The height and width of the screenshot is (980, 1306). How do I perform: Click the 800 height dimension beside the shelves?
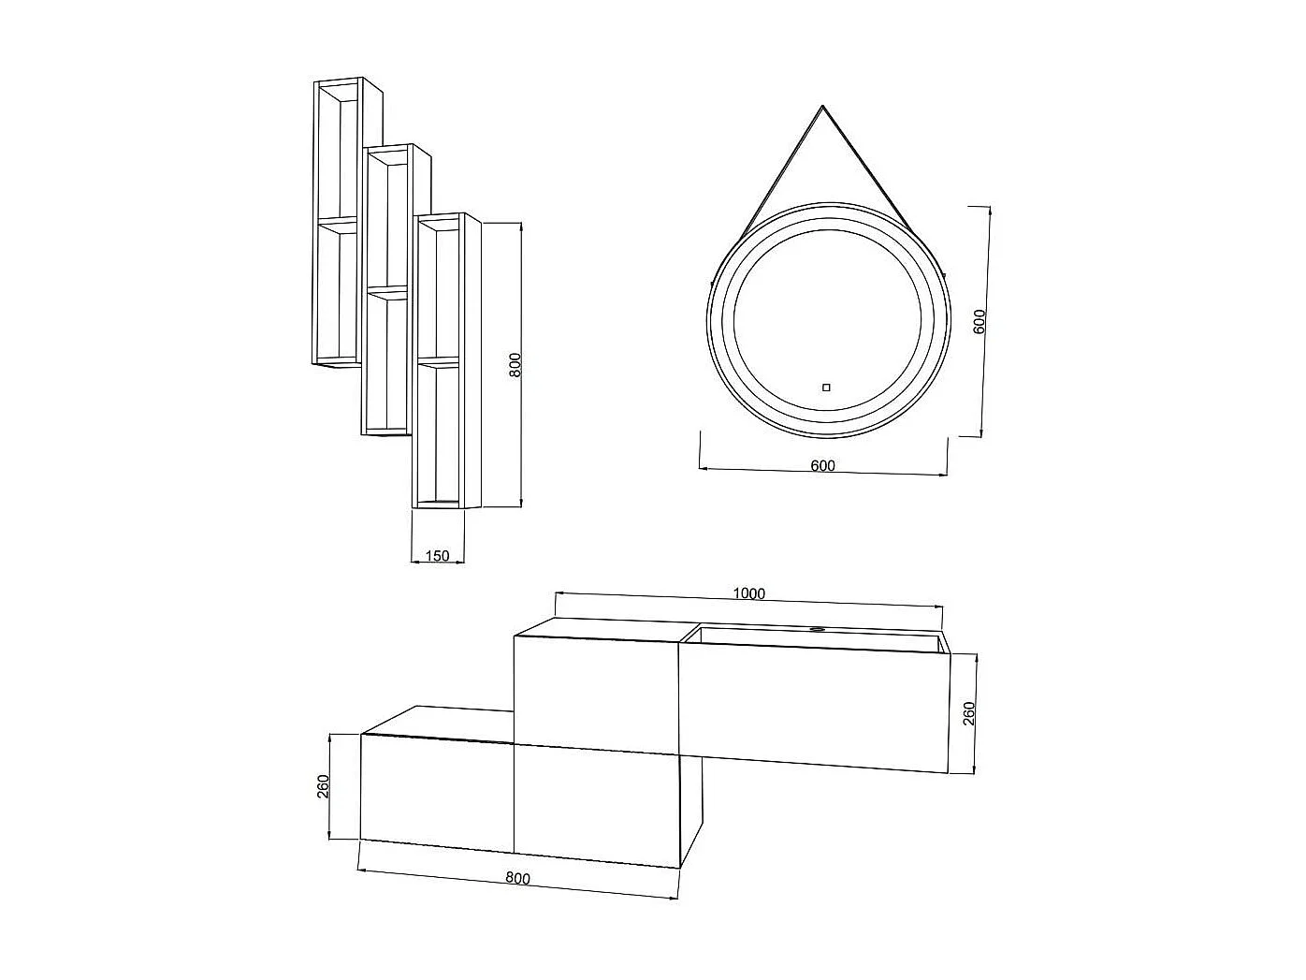(x=515, y=364)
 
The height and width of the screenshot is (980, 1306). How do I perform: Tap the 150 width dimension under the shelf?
(x=437, y=556)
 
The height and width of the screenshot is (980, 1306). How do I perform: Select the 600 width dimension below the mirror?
(x=823, y=466)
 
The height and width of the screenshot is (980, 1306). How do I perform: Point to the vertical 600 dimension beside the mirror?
(x=979, y=321)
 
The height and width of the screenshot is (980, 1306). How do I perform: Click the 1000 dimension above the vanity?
(x=749, y=593)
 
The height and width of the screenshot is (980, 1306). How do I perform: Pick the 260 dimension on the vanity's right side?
(x=969, y=713)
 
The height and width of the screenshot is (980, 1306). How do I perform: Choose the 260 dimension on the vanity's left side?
(x=323, y=787)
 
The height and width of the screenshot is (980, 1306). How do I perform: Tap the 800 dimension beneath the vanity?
(x=517, y=878)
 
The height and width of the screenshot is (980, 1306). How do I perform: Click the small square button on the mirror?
(x=826, y=387)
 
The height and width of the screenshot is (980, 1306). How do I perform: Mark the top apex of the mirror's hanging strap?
(x=822, y=107)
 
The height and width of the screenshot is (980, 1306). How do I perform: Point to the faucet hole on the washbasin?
(x=817, y=630)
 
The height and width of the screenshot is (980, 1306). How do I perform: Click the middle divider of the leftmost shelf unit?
(x=337, y=223)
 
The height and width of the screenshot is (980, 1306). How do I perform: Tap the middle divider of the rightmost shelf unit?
(x=439, y=360)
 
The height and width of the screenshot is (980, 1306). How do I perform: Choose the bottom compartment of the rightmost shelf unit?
(x=439, y=432)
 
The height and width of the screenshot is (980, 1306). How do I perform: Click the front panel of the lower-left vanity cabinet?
(x=437, y=791)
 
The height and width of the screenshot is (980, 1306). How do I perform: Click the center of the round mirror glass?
(x=828, y=318)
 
